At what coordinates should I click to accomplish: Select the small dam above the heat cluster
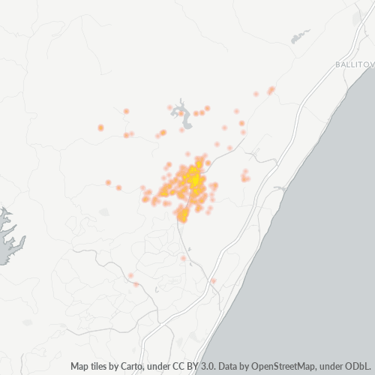(181, 114)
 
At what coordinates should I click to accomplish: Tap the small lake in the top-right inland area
(301, 34)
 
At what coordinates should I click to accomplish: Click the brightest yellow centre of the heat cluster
(194, 179)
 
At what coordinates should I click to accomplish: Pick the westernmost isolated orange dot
(100, 127)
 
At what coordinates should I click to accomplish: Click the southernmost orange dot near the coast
(214, 281)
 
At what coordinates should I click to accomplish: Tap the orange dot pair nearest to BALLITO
(271, 90)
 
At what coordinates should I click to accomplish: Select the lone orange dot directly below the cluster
(183, 258)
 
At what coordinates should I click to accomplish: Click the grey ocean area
(330, 247)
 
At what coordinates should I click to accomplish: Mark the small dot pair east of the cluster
(244, 176)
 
